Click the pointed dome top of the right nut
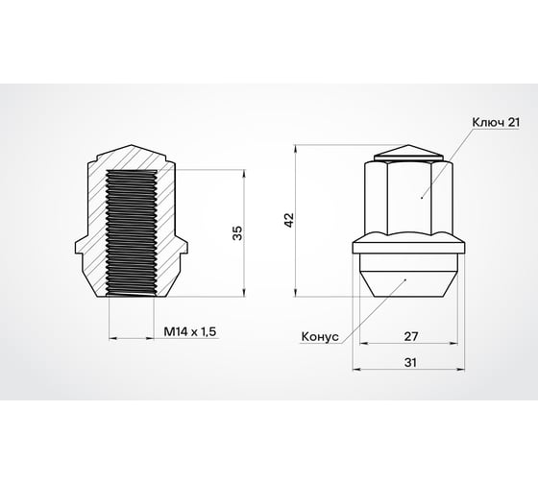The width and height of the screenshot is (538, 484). click(403, 155)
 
